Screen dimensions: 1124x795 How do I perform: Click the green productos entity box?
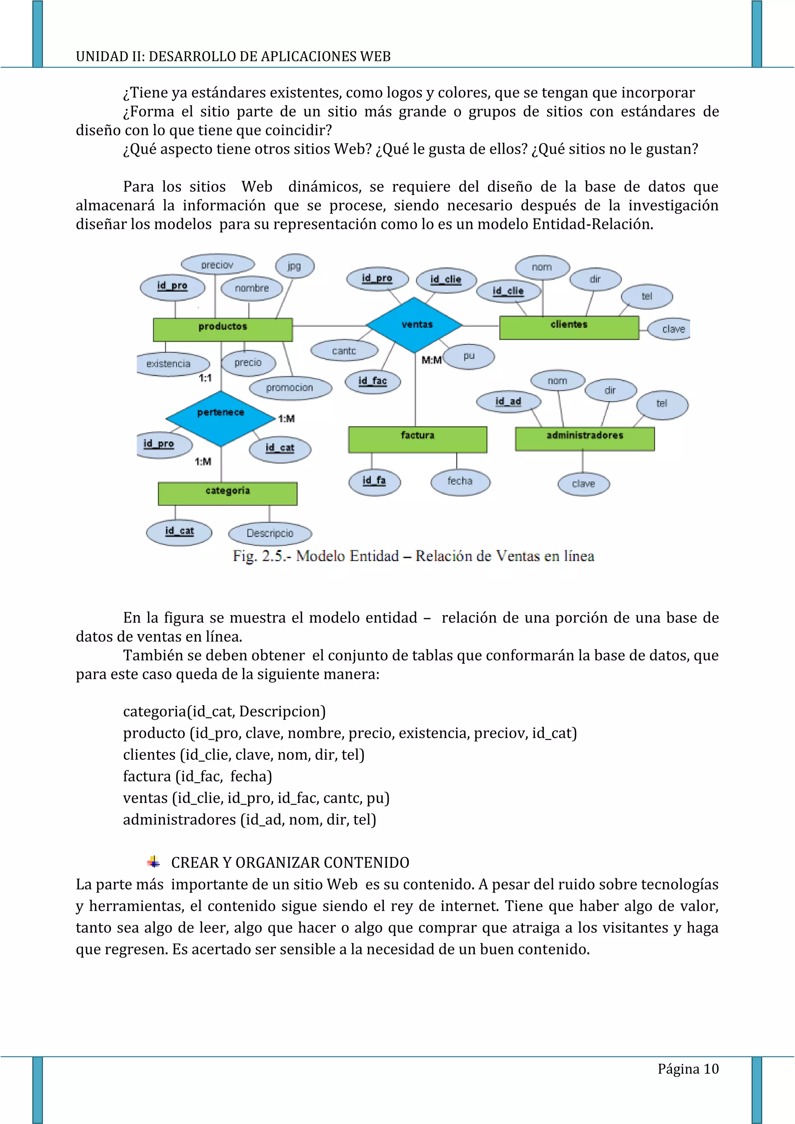pyautogui.click(x=223, y=330)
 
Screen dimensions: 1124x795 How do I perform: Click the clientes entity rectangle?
pyautogui.click(x=569, y=327)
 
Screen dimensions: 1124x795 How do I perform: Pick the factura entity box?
pyautogui.click(x=418, y=439)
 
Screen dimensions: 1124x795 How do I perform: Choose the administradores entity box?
pyautogui.click(x=585, y=438)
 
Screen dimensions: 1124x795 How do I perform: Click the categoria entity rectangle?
pyautogui.click(x=227, y=493)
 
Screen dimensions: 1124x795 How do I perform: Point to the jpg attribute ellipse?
pyautogui.click(x=294, y=266)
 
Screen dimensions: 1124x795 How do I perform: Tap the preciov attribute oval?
pyautogui.click(x=217, y=265)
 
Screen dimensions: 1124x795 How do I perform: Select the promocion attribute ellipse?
pyautogui.click(x=290, y=388)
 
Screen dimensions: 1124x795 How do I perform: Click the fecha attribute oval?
pyautogui.click(x=460, y=481)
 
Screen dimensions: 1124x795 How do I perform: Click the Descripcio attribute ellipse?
pyautogui.click(x=270, y=533)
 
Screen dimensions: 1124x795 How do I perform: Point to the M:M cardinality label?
pyautogui.click(x=431, y=360)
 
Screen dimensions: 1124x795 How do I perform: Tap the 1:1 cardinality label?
pyautogui.click(x=205, y=378)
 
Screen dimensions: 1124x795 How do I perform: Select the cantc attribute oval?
pyautogui.click(x=344, y=350)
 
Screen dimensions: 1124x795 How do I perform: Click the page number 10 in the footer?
pyautogui.click(x=711, y=1068)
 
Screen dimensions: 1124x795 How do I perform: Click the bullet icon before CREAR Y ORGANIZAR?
pyautogui.click(x=154, y=862)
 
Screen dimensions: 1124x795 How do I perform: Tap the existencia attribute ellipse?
pyautogui.click(x=169, y=364)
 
